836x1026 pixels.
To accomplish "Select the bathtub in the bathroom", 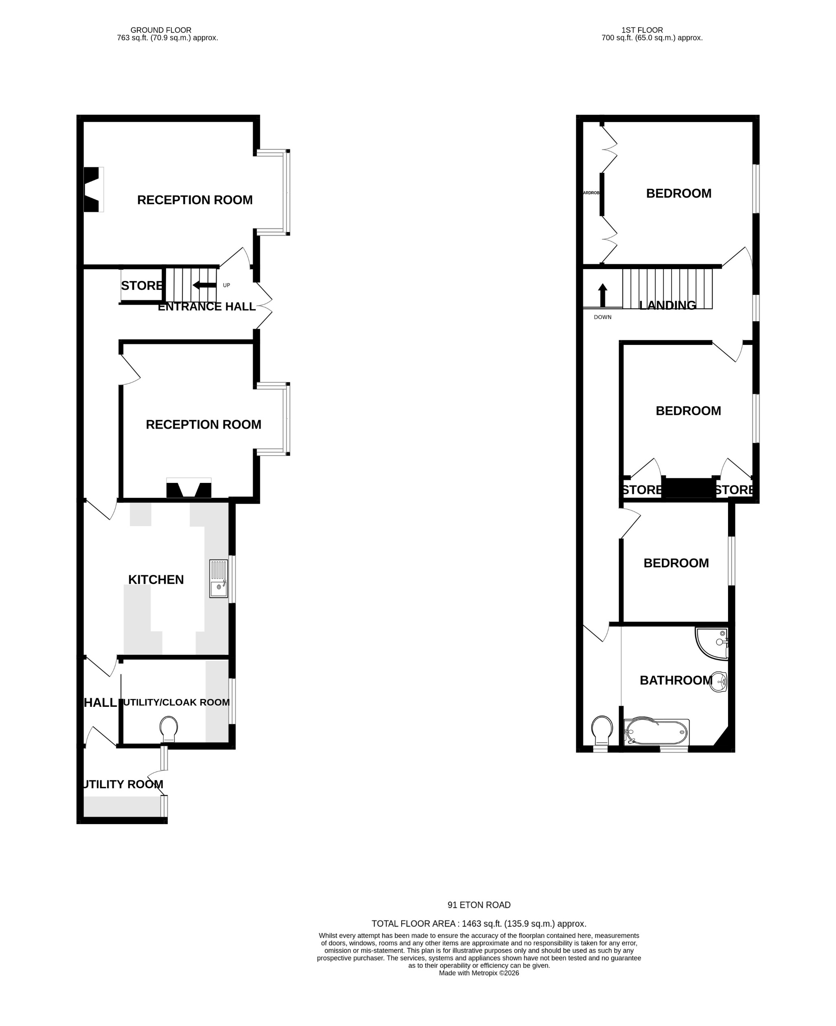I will [x=656, y=732].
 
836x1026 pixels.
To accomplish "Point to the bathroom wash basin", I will [x=719, y=681].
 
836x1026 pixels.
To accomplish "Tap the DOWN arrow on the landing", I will [x=602, y=295].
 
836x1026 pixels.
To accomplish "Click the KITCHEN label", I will [x=156, y=579].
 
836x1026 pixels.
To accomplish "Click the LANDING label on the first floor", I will [x=667, y=305].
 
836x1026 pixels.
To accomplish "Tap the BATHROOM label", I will [x=676, y=680].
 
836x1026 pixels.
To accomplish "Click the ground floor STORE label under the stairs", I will [x=142, y=285].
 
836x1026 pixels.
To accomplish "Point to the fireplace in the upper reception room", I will [x=93, y=189].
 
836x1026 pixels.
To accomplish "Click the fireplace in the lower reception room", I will [x=189, y=489].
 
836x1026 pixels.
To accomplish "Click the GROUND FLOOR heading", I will [x=161, y=30].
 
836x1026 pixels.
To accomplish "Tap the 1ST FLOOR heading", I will [x=642, y=30].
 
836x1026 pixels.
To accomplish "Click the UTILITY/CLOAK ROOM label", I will [x=176, y=702].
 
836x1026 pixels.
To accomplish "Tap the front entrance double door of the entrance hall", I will [x=264, y=305].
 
